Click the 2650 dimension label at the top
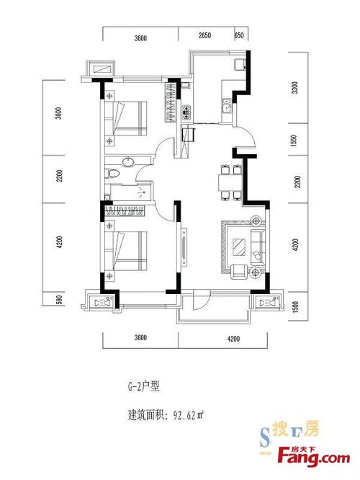pos(204,35)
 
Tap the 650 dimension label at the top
pos(239,35)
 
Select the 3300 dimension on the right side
pos(295,88)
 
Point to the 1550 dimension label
pos(294,141)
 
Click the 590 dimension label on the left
pos(60,299)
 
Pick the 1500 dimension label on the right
pos(295,306)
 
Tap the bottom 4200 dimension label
pos(233,339)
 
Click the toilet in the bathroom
pos(112,173)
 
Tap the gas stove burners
pos(186,112)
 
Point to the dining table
pos(230,182)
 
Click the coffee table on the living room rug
pos(239,246)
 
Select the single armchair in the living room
pos(240,272)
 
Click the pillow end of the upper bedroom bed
pos(109,118)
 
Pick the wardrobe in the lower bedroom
pos(125,210)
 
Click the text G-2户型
pos(144,386)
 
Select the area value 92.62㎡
pos(189,415)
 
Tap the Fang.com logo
pos(314,458)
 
